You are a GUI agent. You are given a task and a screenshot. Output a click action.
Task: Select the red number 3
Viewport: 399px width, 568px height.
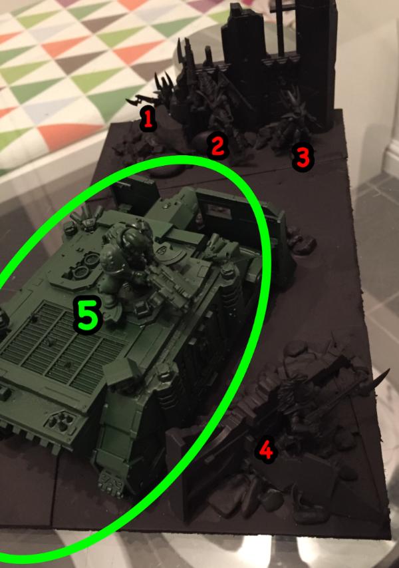click(303, 158)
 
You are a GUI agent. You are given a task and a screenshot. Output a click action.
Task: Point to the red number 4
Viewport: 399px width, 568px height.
click(267, 449)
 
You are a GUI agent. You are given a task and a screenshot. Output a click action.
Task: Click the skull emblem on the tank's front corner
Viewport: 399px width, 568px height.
click(110, 483)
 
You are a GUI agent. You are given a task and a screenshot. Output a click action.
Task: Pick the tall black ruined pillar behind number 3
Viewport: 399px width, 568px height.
click(314, 58)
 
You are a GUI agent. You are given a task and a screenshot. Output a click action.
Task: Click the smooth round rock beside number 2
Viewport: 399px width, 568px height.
click(203, 141)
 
